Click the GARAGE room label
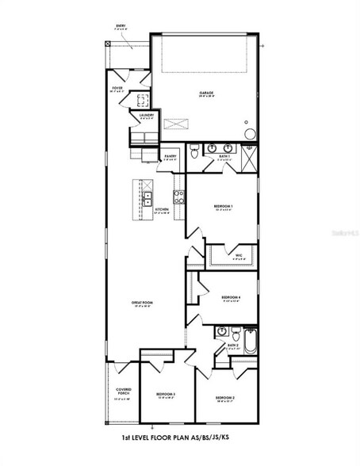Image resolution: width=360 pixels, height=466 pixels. point(205,93)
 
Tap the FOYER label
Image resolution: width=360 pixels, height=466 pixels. point(117,88)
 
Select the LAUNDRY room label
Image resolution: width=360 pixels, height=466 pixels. point(146,115)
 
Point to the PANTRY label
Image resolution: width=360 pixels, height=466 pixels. point(170,156)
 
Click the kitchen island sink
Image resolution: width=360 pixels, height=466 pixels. point(147,199)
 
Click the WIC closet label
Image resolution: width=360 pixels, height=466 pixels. point(239,254)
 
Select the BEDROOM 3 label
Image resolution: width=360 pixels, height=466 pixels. point(165,393)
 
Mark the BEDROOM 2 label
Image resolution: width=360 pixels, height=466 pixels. point(224,397)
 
